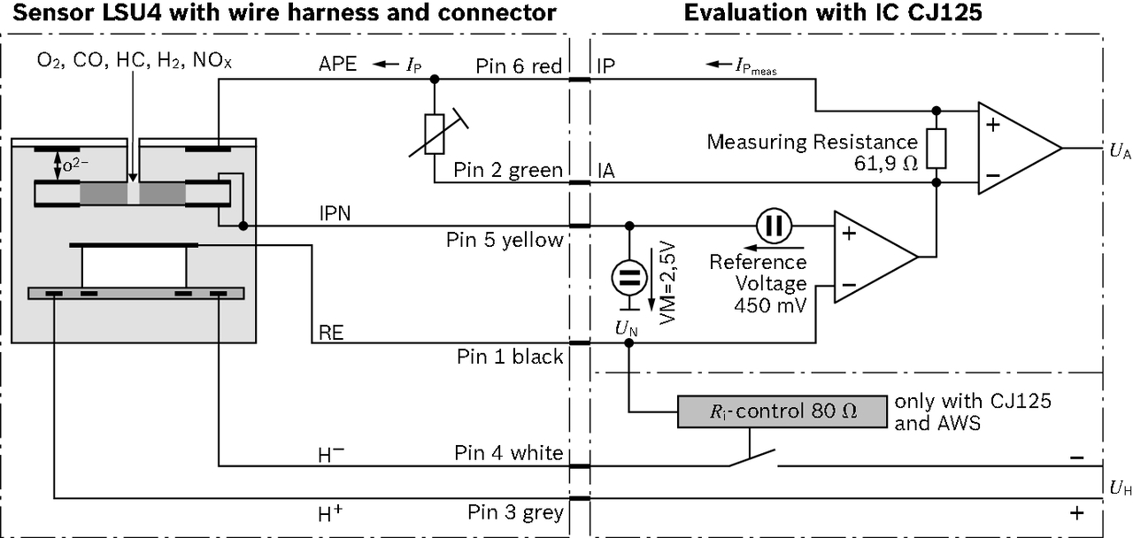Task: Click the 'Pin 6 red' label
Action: (x=519, y=66)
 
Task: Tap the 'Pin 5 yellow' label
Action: (x=505, y=240)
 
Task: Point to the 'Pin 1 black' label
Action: (x=510, y=357)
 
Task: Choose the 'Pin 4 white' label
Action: (x=509, y=454)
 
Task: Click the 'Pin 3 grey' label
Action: (x=515, y=512)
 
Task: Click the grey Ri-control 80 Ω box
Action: (x=782, y=411)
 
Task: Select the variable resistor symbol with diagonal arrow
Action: (x=434, y=133)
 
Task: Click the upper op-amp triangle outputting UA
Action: (x=1014, y=148)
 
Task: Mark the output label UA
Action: (x=1119, y=152)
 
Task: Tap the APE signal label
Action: (x=338, y=65)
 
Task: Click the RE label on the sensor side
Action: (x=330, y=333)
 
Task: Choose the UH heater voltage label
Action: (x=1119, y=487)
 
